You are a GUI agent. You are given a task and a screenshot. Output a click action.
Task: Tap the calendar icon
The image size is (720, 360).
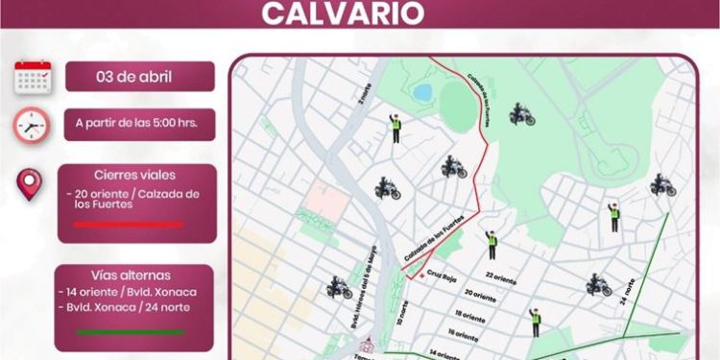[x=33, y=77]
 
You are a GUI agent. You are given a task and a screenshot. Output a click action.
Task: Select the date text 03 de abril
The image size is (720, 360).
[x=140, y=76]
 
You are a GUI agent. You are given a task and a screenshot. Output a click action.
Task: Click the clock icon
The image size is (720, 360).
[x=32, y=125]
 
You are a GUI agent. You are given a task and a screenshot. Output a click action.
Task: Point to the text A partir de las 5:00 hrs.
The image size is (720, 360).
[x=140, y=124]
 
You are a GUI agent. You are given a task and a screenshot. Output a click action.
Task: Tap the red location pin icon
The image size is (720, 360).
[x=31, y=184]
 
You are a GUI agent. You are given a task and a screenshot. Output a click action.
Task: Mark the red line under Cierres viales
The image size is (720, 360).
[x=128, y=225]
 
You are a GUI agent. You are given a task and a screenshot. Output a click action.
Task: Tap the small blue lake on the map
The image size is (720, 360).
[x=422, y=92]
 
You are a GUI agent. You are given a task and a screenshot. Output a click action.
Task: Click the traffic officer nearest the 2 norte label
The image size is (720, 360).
[x=396, y=128]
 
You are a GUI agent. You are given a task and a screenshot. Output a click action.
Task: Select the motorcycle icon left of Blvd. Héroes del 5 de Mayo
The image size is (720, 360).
[x=340, y=286]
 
